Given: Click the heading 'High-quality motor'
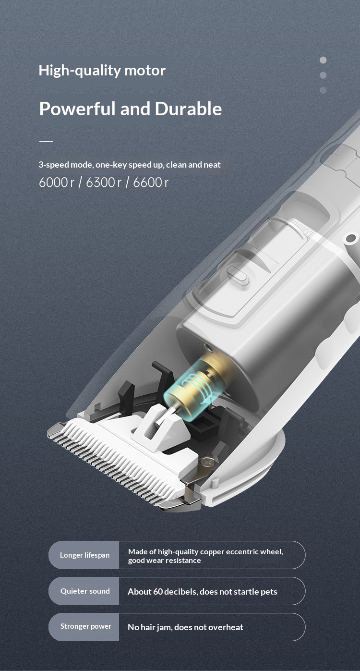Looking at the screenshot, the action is point(102,71).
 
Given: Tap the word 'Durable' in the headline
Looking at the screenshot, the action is point(188,109).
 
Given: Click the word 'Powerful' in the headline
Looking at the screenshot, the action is point(77,109).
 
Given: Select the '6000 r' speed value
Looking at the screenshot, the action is point(57,183).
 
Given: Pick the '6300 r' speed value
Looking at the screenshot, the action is point(104,183).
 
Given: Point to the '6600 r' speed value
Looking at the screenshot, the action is point(151,183).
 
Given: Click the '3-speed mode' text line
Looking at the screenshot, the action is point(130,165).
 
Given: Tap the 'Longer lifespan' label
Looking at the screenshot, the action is point(84,555).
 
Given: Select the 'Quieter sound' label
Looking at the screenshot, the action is point(85,591).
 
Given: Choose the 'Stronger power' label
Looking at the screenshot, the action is point(85,626).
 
